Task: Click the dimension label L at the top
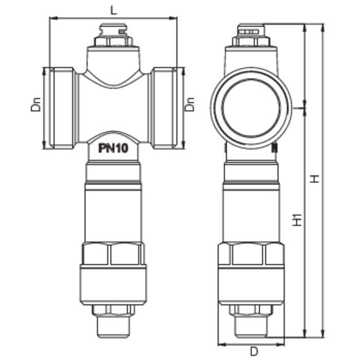point(114,10)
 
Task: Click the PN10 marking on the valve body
point(113,148)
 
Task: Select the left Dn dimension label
point(36,105)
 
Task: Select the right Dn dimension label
point(190,105)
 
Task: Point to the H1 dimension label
point(297,220)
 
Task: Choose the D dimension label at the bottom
point(254,351)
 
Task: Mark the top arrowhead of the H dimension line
point(322,28)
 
